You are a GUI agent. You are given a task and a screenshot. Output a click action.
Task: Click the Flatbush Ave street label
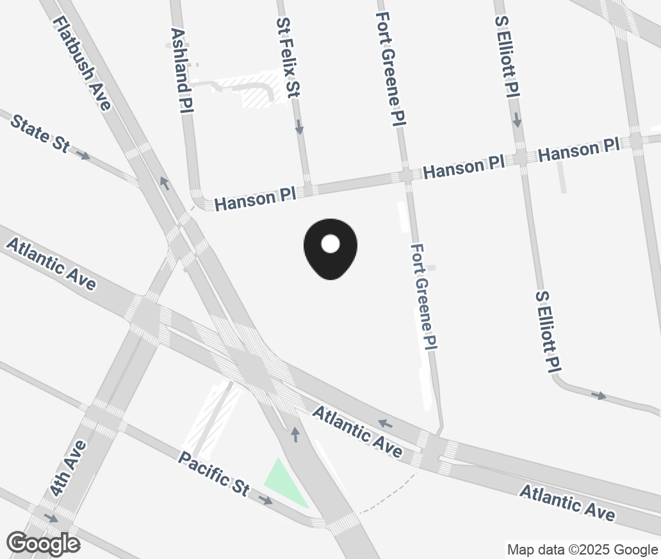click(83, 63)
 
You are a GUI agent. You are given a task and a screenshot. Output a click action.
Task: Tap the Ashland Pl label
click(182, 71)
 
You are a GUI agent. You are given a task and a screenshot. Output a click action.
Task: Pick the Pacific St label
click(213, 473)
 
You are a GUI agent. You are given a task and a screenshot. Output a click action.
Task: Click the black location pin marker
click(330, 249)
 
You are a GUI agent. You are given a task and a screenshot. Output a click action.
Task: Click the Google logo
click(43, 544)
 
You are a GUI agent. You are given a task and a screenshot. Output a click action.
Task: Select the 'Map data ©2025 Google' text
click(582, 549)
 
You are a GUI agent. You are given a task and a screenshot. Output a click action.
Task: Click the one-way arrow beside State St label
click(83, 154)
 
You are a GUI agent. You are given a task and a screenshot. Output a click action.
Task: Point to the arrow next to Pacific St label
click(266, 500)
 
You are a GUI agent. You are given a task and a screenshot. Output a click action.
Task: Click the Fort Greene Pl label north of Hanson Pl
click(392, 69)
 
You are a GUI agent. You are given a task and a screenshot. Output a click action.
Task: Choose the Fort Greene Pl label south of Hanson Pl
click(424, 296)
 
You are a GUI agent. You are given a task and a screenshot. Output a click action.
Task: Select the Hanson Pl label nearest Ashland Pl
click(254, 199)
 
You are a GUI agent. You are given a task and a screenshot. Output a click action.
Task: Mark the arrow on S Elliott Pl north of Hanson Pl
click(517, 120)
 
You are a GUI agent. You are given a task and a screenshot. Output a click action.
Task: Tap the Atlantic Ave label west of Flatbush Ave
click(51, 263)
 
